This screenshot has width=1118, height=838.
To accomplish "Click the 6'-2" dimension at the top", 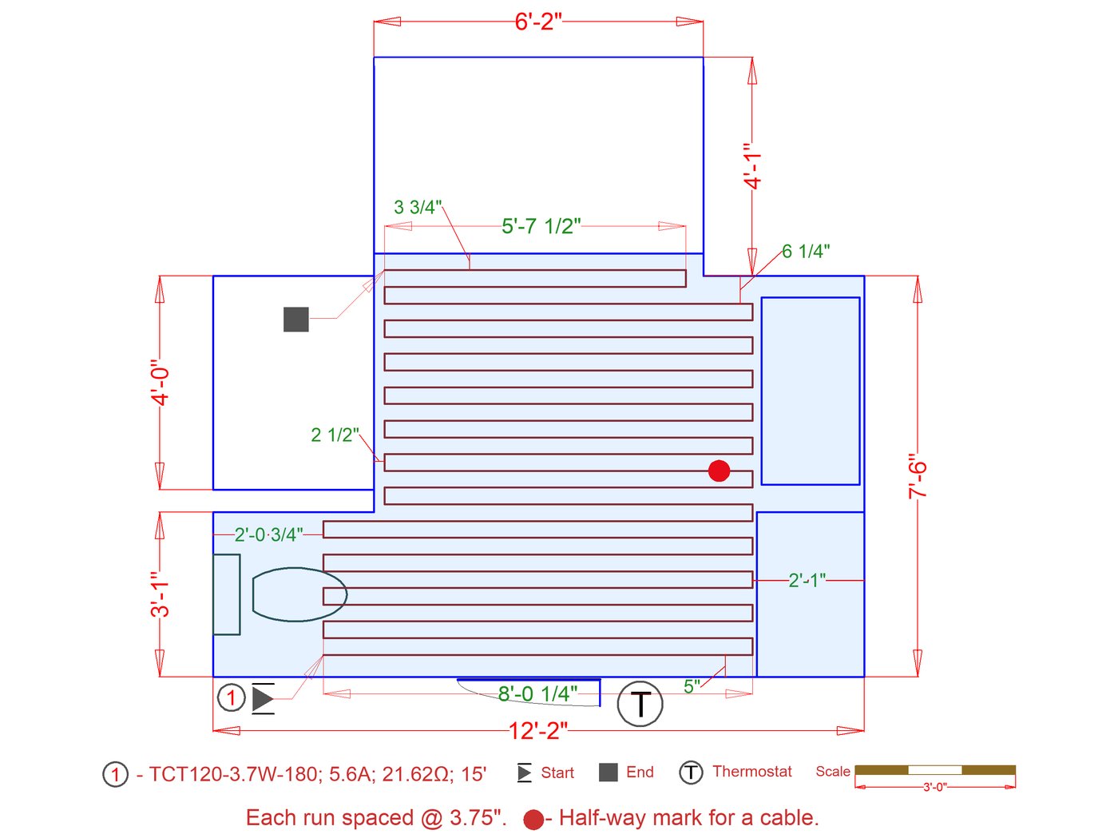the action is [538, 22].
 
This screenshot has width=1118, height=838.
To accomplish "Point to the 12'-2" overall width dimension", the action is [538, 731].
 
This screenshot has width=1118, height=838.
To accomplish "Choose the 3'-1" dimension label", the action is [160, 594].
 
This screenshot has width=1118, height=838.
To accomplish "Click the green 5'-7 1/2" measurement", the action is [541, 226].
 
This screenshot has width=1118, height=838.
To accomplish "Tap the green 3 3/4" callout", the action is [418, 208].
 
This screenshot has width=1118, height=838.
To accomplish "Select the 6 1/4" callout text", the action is [806, 251].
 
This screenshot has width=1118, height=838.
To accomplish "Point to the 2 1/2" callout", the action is [335, 435].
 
